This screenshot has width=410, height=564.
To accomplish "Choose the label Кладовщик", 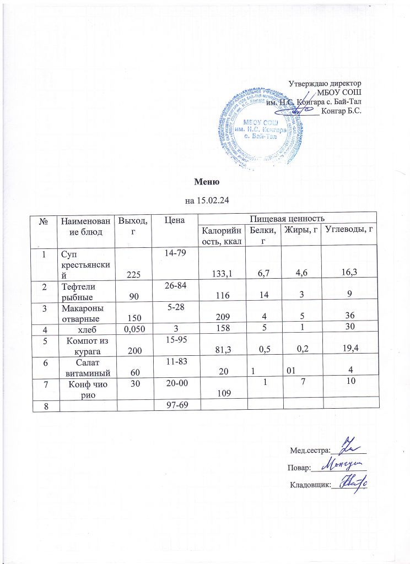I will pos(309,485).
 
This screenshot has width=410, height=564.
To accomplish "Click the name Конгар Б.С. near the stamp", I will pos(341,111).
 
